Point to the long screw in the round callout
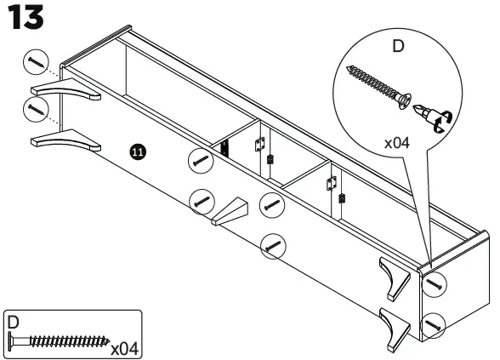375,86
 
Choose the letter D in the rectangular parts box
13,323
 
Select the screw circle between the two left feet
35,109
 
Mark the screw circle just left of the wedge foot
202,202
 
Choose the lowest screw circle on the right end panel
435,324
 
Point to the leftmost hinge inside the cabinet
225,147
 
